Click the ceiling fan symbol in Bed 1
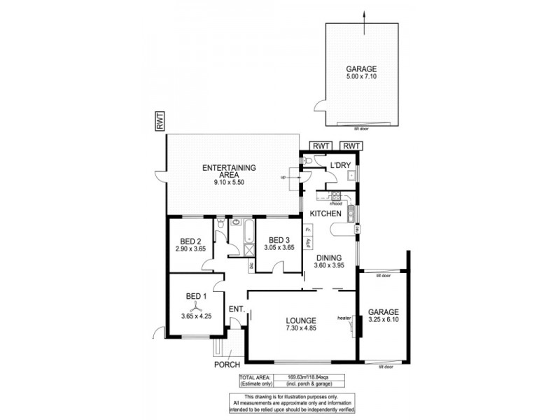tap(196, 305)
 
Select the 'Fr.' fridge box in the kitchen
tap(308, 228)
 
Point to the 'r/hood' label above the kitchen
tap(344, 204)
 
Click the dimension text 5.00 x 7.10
tap(361, 78)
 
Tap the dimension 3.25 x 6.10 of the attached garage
tap(384, 320)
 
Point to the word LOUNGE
tap(300, 321)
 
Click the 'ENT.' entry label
tap(236, 309)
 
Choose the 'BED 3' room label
tap(279, 239)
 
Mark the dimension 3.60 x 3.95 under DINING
tap(329, 265)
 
